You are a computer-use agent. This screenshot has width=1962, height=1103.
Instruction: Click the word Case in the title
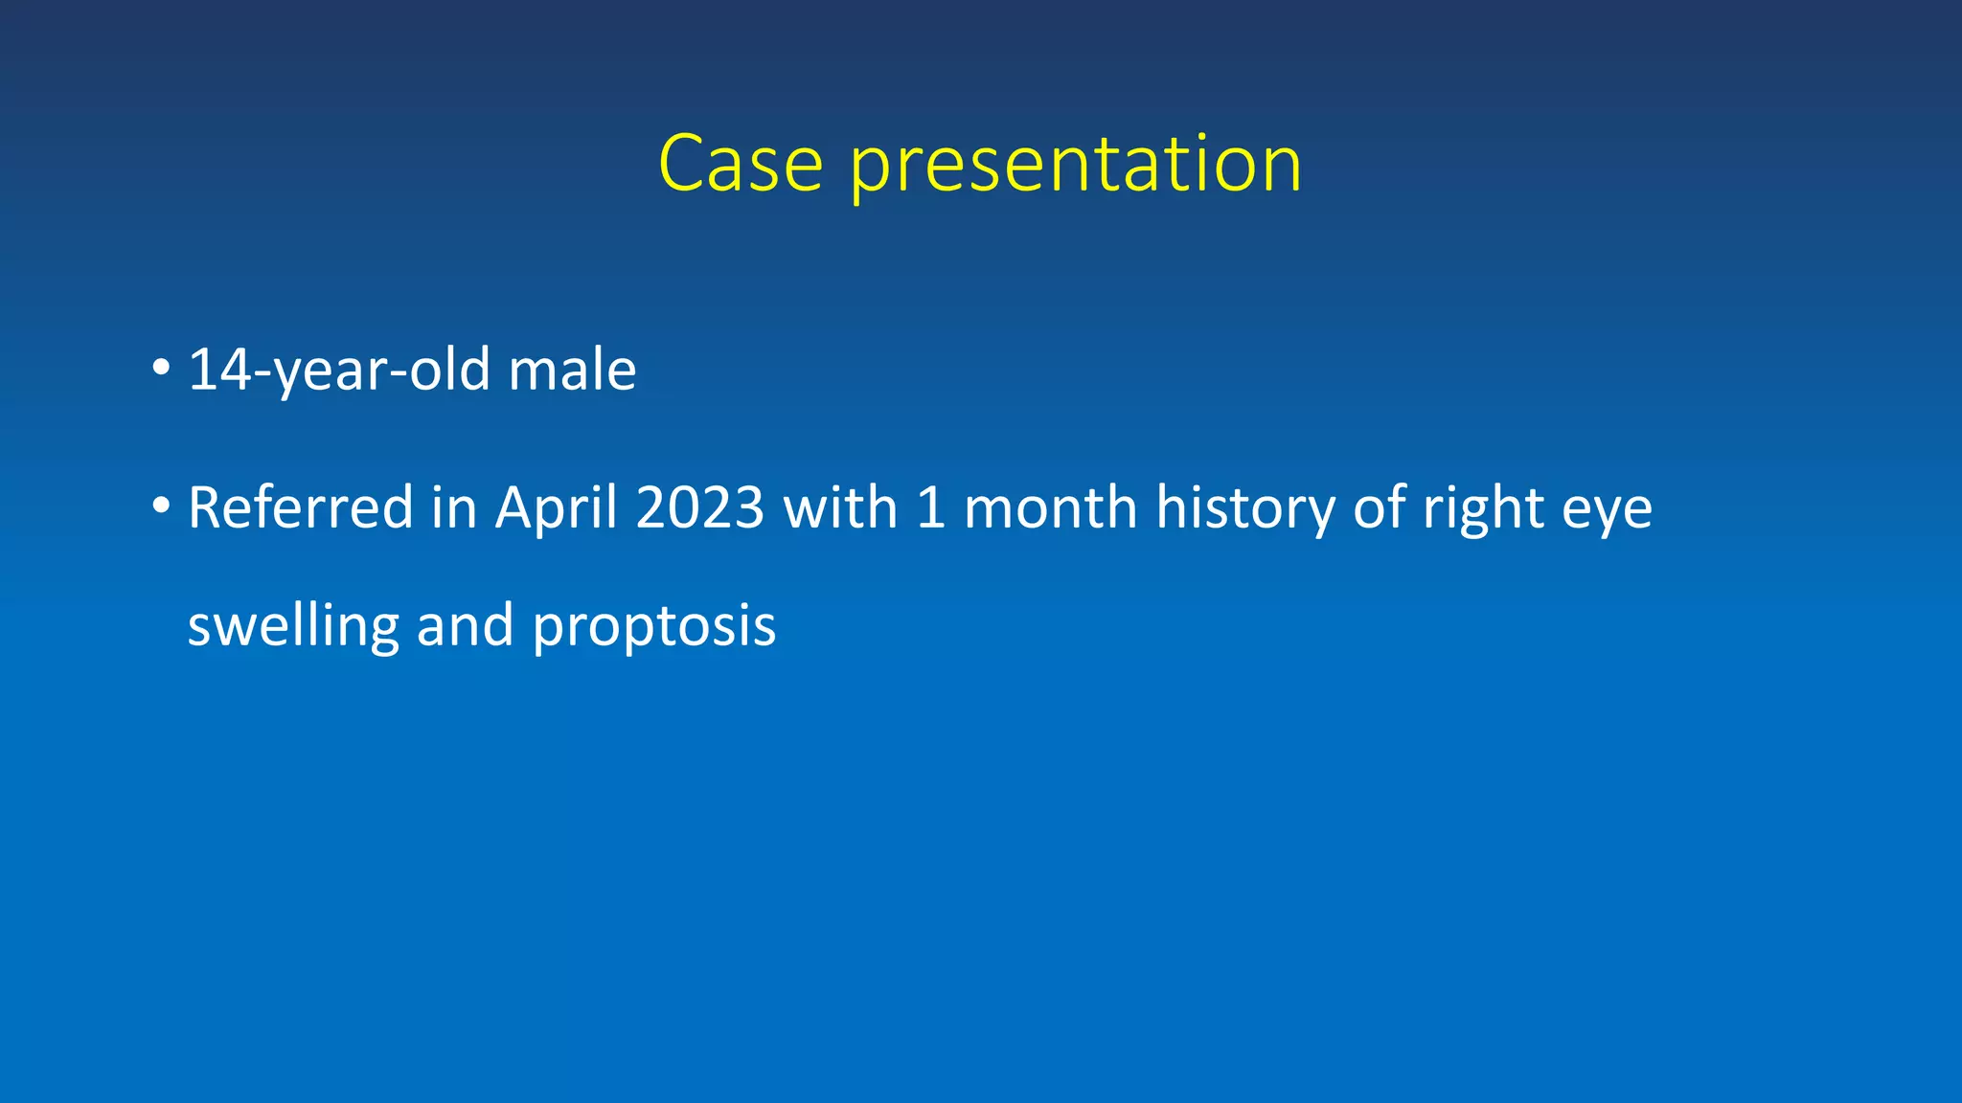(741, 164)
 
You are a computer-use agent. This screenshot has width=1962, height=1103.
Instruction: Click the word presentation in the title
(1075, 166)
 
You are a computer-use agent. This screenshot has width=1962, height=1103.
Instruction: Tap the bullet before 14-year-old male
(161, 368)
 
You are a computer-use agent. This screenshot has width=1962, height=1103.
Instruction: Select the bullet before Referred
(161, 505)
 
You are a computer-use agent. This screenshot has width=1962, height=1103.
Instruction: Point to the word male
(572, 370)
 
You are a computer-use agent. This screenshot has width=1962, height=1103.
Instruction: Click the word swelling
(292, 625)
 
